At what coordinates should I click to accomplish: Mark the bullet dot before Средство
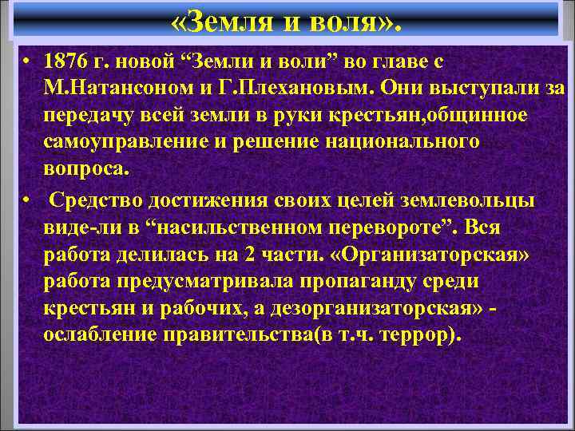point(27,200)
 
